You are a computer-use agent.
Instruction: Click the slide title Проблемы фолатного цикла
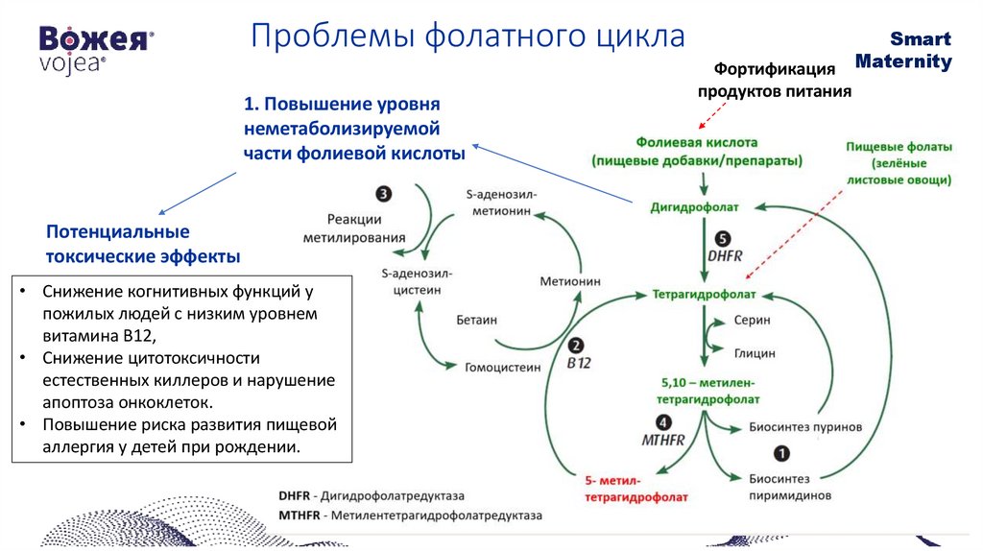point(468,37)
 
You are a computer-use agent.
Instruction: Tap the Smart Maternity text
point(917,51)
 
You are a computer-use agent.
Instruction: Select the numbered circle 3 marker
point(384,194)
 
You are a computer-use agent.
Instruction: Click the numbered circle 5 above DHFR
point(723,239)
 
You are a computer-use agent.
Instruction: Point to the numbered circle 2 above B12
point(576,347)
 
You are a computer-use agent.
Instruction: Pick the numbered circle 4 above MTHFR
point(663,422)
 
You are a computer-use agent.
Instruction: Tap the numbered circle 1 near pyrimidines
point(781,452)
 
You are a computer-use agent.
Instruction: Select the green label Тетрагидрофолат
point(705,294)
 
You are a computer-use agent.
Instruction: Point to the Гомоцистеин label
point(502,366)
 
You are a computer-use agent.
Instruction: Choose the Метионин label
point(569,281)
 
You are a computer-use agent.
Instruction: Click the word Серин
point(752,320)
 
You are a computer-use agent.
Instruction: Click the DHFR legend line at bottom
point(371,496)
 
